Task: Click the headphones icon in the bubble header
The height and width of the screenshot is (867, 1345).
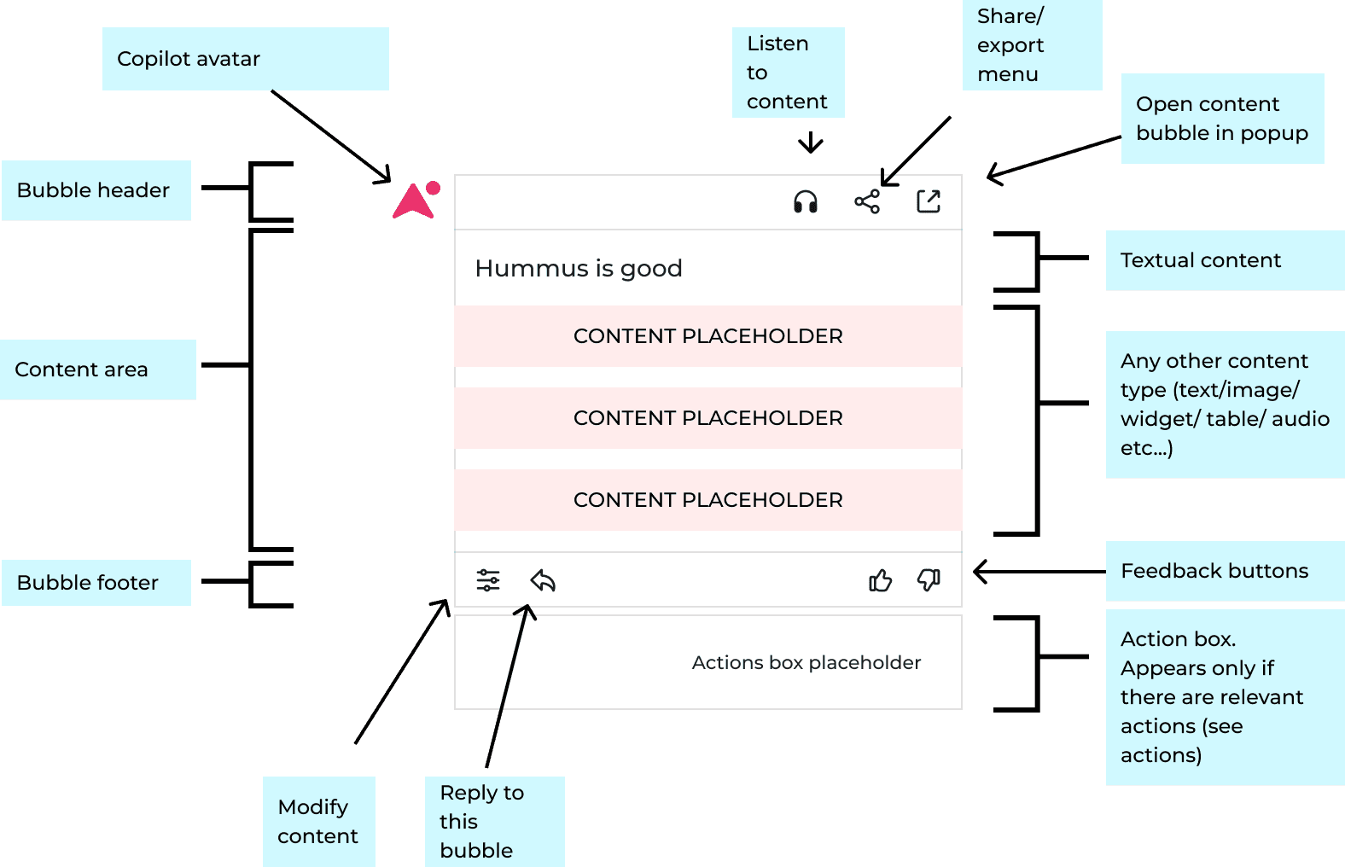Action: click(x=805, y=202)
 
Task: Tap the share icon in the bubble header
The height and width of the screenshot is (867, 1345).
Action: click(x=867, y=202)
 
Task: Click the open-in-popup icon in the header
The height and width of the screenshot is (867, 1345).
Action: click(x=929, y=201)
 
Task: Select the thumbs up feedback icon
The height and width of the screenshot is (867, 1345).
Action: click(x=880, y=581)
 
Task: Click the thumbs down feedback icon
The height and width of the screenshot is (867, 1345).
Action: click(x=929, y=580)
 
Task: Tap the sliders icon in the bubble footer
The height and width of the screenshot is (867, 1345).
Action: click(x=488, y=581)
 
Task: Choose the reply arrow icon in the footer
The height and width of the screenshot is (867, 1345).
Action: click(x=543, y=581)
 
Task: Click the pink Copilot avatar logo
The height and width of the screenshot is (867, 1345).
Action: click(x=416, y=201)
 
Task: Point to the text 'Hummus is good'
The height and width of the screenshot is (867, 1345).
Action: click(x=579, y=269)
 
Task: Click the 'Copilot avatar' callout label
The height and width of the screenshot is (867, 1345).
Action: click(x=245, y=59)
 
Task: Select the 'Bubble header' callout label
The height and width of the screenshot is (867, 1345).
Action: click(x=96, y=190)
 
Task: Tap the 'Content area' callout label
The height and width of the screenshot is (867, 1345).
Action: click(x=97, y=369)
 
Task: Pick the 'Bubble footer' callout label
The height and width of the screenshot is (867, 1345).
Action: click(x=96, y=583)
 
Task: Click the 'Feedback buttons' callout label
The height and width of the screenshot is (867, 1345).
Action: click(x=1224, y=571)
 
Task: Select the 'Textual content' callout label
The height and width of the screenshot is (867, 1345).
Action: click(x=1224, y=260)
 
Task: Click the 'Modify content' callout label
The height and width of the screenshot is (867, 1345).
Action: click(x=318, y=821)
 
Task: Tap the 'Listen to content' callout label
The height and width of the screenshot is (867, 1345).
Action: click(x=788, y=73)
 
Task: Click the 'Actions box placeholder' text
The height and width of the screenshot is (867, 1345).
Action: click(x=806, y=663)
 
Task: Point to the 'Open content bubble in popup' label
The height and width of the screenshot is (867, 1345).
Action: click(x=1222, y=119)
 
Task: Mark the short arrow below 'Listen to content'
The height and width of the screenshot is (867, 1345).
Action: click(x=810, y=143)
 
